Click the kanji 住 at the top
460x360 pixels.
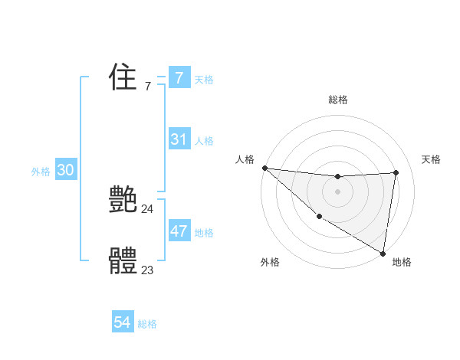[x=123, y=78]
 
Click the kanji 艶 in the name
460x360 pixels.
[x=123, y=200]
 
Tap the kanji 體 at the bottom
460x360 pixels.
[x=123, y=261]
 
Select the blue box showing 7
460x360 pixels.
[x=179, y=78]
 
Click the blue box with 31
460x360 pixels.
[x=179, y=139]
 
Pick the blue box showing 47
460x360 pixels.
[x=179, y=231]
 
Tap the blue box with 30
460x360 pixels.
[x=65, y=171]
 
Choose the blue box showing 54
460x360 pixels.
[x=123, y=323]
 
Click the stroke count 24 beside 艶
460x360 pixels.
[x=147, y=208]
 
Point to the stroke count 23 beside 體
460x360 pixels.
[x=147, y=270]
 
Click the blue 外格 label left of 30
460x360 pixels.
[x=41, y=172]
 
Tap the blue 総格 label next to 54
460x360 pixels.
[x=147, y=324]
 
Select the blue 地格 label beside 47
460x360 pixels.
[x=204, y=233]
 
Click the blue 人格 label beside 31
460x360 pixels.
[x=204, y=141]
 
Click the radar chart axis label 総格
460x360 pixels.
[x=337, y=100]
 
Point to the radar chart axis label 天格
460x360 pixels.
[x=431, y=159]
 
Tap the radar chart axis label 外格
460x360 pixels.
[x=270, y=262]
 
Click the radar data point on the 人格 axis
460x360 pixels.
[x=264, y=168]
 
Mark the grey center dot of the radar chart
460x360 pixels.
[x=337, y=191]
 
